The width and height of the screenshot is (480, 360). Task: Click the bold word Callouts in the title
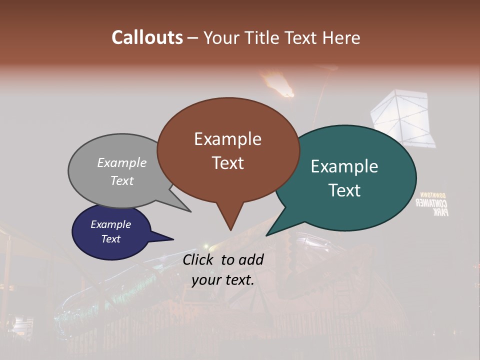pyautogui.click(x=147, y=37)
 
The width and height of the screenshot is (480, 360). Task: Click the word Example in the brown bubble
pyautogui.click(x=227, y=139)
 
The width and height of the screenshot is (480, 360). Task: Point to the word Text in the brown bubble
pyautogui.click(x=227, y=163)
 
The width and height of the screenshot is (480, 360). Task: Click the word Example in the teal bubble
pyautogui.click(x=344, y=166)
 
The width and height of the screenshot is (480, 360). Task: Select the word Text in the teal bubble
pyautogui.click(x=344, y=190)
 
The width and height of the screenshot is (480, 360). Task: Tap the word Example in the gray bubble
pyautogui.click(x=122, y=163)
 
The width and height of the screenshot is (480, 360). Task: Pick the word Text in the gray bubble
pyautogui.click(x=122, y=180)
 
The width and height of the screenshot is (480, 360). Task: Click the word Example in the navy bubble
pyautogui.click(x=111, y=224)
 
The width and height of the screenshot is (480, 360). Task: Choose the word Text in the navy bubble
pyautogui.click(x=111, y=239)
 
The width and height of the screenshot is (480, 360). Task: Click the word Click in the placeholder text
pyautogui.click(x=199, y=259)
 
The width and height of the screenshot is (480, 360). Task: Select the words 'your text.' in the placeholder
pyautogui.click(x=223, y=279)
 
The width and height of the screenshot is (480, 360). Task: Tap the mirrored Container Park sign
pyautogui.click(x=433, y=204)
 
